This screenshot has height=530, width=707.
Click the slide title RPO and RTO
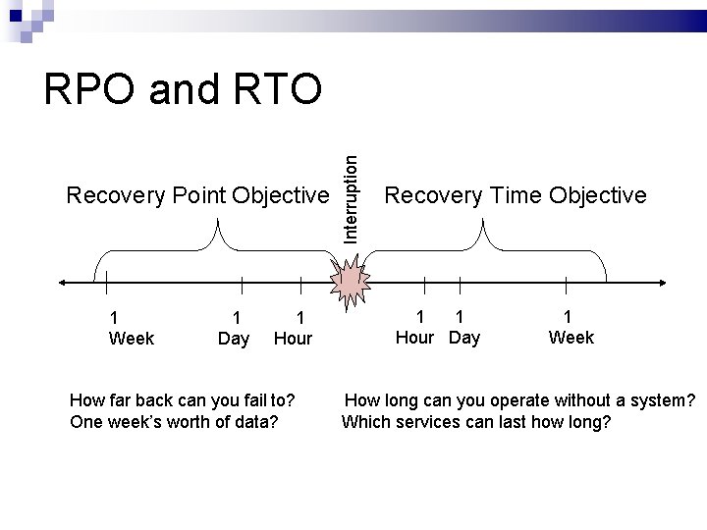(x=183, y=90)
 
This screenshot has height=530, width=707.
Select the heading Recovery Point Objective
(x=196, y=196)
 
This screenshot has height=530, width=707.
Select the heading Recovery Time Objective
(x=516, y=195)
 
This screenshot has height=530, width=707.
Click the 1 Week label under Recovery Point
(x=131, y=328)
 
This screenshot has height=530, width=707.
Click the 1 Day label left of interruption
(x=234, y=328)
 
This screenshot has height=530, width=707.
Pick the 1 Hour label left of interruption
(x=293, y=328)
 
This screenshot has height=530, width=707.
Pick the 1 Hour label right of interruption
(x=415, y=327)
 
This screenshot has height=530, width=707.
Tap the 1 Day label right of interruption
(x=463, y=327)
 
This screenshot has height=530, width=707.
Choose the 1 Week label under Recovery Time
(x=571, y=327)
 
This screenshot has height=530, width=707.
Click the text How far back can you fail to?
(x=183, y=400)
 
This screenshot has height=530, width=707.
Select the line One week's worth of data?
(x=174, y=422)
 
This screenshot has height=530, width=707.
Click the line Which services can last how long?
(x=476, y=422)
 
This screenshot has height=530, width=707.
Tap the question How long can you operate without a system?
(x=520, y=400)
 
